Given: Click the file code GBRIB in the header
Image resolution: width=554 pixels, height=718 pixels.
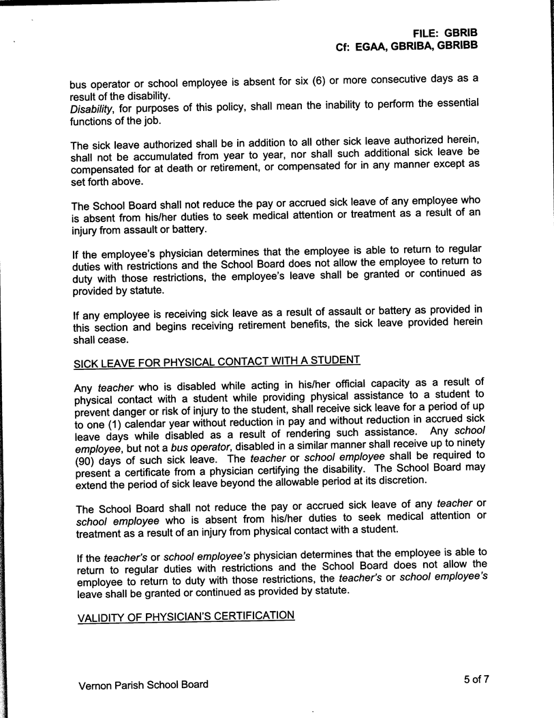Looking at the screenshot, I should point(461,32).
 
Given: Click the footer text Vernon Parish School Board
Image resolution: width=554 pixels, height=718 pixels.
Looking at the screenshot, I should point(144,685).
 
